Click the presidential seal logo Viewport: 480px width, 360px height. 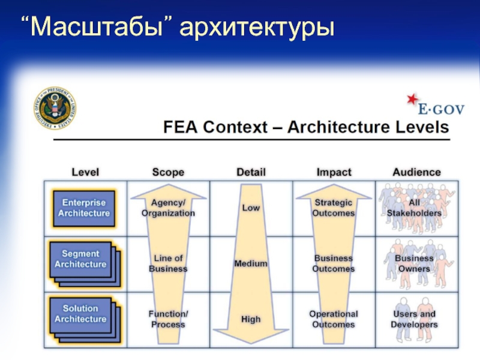point(55,109)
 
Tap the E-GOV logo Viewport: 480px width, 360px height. point(427,105)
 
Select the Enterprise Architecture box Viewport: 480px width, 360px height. point(82,208)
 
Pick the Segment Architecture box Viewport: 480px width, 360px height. point(84,259)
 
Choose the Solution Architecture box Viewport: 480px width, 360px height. point(84,314)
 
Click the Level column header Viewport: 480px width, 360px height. point(85,172)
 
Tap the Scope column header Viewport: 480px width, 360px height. point(168,172)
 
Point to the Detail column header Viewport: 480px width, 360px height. point(251,172)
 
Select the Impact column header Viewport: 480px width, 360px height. point(334,172)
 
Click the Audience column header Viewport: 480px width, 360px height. point(416,172)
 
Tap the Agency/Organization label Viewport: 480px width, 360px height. point(168,208)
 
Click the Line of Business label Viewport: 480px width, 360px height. point(168,263)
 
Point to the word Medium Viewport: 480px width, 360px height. point(251,263)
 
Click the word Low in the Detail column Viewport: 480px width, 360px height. point(251,208)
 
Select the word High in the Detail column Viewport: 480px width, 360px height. point(251,319)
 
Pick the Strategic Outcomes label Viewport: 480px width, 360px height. point(334,208)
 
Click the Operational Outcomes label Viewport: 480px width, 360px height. point(334,319)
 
